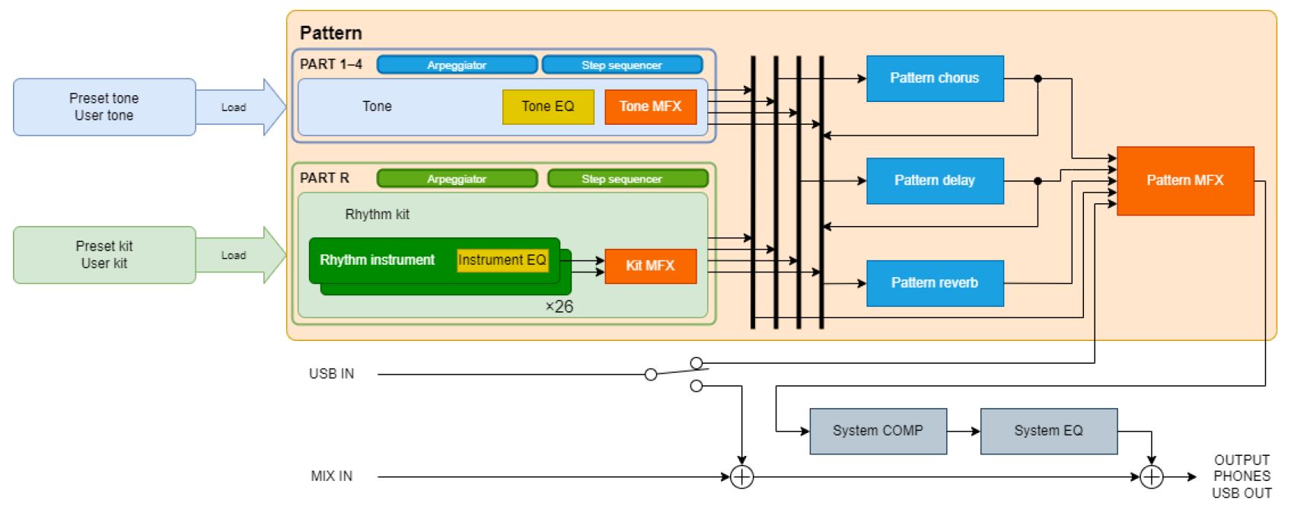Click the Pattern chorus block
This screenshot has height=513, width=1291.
934,78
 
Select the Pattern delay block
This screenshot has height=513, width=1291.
934,180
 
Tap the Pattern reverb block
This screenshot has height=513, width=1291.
934,283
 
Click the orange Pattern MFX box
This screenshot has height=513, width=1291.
1184,180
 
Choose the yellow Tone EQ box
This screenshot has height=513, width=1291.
547,107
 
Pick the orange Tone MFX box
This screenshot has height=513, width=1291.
650,107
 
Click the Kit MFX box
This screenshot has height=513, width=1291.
650,266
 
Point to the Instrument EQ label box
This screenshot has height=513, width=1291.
502,260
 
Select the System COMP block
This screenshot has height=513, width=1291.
878,431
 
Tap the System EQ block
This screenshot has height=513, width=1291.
1048,431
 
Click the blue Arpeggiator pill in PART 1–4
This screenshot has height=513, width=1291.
457,65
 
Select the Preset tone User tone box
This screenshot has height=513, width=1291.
104,107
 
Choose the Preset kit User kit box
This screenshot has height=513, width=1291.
104,255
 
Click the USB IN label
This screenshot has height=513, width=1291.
331,374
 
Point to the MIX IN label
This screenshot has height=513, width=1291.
331,476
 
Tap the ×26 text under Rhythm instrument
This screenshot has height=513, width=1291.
559,307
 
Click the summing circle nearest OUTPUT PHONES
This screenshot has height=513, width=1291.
1151,477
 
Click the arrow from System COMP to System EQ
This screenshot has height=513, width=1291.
964,432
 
